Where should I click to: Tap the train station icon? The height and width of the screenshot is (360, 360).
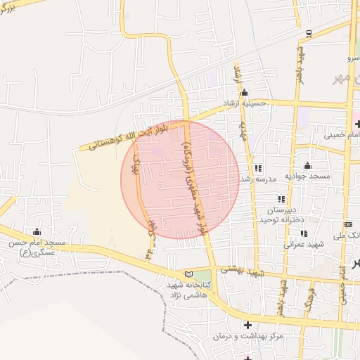tap(309, 33)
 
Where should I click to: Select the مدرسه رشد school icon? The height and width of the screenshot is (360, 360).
tap(258, 169)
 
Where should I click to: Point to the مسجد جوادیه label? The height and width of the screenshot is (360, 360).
tap(308, 174)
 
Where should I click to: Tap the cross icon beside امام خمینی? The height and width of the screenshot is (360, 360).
tap(359, 124)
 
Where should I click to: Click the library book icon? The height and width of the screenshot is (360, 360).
tap(188, 274)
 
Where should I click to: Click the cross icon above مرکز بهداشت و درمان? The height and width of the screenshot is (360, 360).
tap(247, 324)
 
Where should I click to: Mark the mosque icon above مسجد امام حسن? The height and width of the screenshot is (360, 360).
tap(37, 231)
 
